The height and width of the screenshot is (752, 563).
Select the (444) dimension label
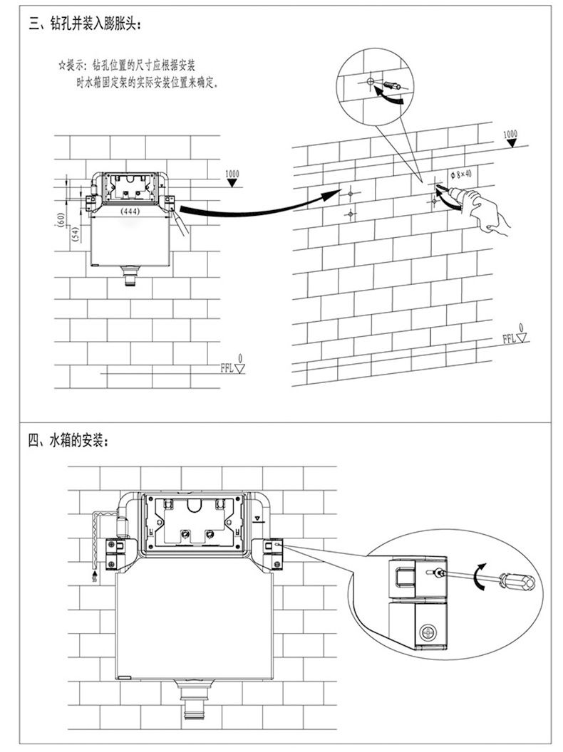(130, 212)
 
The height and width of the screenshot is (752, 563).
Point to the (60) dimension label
(62, 222)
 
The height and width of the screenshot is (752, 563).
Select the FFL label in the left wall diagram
(227, 367)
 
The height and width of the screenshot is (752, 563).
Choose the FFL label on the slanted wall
(510, 338)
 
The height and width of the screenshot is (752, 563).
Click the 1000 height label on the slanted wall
(510, 134)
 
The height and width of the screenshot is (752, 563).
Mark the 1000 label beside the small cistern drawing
(232, 174)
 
